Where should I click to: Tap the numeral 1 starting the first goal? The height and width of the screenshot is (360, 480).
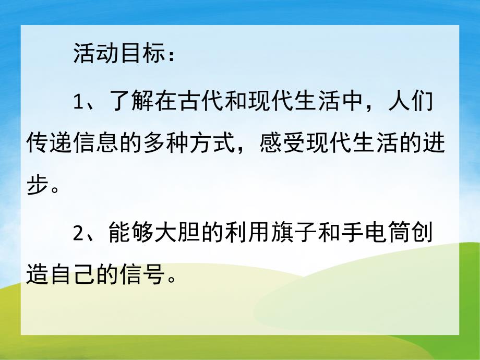pyautogui.click(x=78, y=102)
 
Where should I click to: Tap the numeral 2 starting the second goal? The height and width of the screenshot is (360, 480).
pyautogui.click(x=78, y=234)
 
